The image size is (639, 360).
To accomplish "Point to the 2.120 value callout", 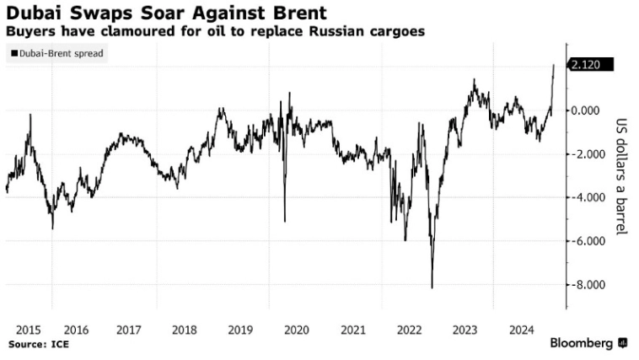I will (x=590, y=66).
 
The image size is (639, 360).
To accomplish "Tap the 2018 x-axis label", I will (x=185, y=330).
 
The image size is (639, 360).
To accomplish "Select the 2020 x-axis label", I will (x=296, y=330).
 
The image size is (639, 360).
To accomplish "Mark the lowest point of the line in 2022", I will (x=432, y=288).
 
